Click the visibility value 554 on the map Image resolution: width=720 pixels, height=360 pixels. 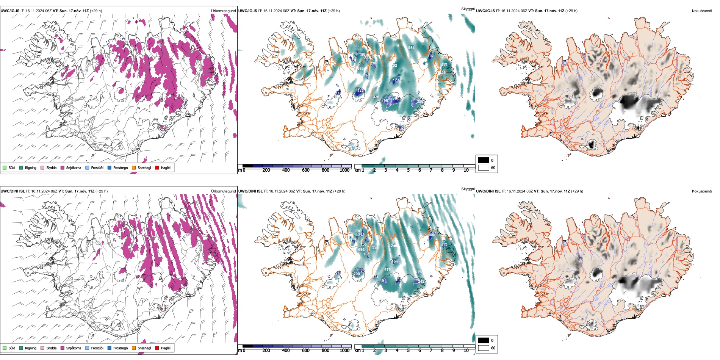tap(411, 48)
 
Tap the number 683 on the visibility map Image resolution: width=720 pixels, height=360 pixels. tap(360, 69)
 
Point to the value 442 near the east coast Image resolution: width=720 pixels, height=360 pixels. tap(444, 65)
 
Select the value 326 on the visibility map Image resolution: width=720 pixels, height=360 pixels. tap(376, 97)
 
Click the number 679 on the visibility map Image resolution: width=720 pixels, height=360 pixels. tap(387, 270)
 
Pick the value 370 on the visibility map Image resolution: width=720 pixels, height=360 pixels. tap(357, 231)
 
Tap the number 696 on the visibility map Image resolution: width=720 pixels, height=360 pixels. tap(361, 250)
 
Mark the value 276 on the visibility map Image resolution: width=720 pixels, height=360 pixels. tap(418, 272)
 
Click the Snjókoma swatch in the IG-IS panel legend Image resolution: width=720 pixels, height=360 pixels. tap(63, 168)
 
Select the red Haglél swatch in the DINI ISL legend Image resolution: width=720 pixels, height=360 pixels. tap(157, 348)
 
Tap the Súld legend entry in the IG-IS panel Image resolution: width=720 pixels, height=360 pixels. tap(5, 168)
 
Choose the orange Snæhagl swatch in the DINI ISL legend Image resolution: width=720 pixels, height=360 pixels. tap(134, 348)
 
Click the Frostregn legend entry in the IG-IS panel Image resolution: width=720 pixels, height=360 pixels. tap(110, 168)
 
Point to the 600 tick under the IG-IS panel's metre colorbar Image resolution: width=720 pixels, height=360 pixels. tap(306, 171)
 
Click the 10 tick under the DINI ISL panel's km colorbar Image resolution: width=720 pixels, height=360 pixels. tap(466, 351)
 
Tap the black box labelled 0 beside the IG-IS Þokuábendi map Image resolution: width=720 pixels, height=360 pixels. tap(484, 160)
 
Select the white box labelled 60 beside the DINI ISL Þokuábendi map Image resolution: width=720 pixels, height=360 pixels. tap(484, 348)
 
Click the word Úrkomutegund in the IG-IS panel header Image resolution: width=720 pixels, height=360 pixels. tap(223, 11)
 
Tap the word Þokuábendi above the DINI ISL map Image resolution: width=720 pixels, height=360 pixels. tap(702, 191)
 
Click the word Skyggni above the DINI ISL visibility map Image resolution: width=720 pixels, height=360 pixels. tap(468, 189)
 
